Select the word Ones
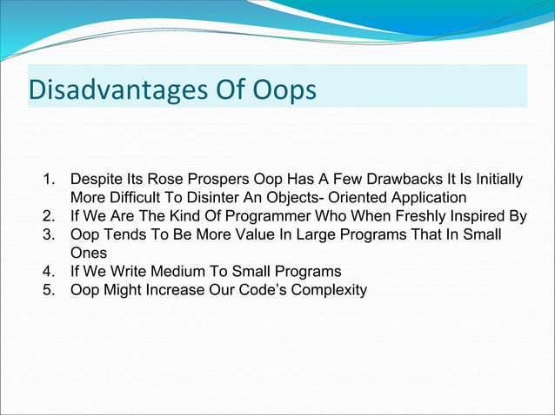[x=89, y=254]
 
